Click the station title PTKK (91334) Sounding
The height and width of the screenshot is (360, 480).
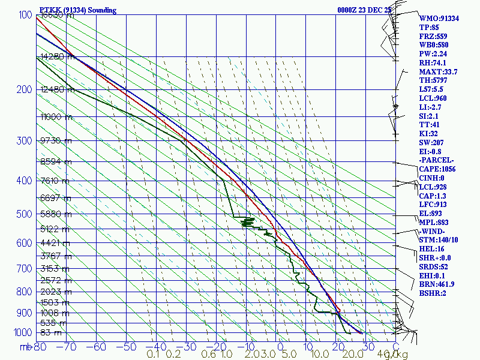tap(77, 10)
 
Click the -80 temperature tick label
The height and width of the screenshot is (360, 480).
tap(40, 347)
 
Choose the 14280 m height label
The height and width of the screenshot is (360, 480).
tap(55, 57)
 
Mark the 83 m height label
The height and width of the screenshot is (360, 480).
tap(50, 332)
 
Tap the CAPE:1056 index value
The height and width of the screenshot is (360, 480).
tap(439, 169)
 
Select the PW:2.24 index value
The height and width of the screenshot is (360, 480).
tap(433, 54)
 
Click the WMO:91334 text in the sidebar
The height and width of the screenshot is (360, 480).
tap(439, 19)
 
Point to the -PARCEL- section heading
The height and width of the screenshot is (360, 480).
tap(437, 160)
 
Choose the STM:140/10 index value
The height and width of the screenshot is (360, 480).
tap(439, 240)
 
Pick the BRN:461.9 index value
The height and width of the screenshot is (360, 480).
tap(437, 284)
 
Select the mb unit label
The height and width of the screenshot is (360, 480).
tap(26, 347)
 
